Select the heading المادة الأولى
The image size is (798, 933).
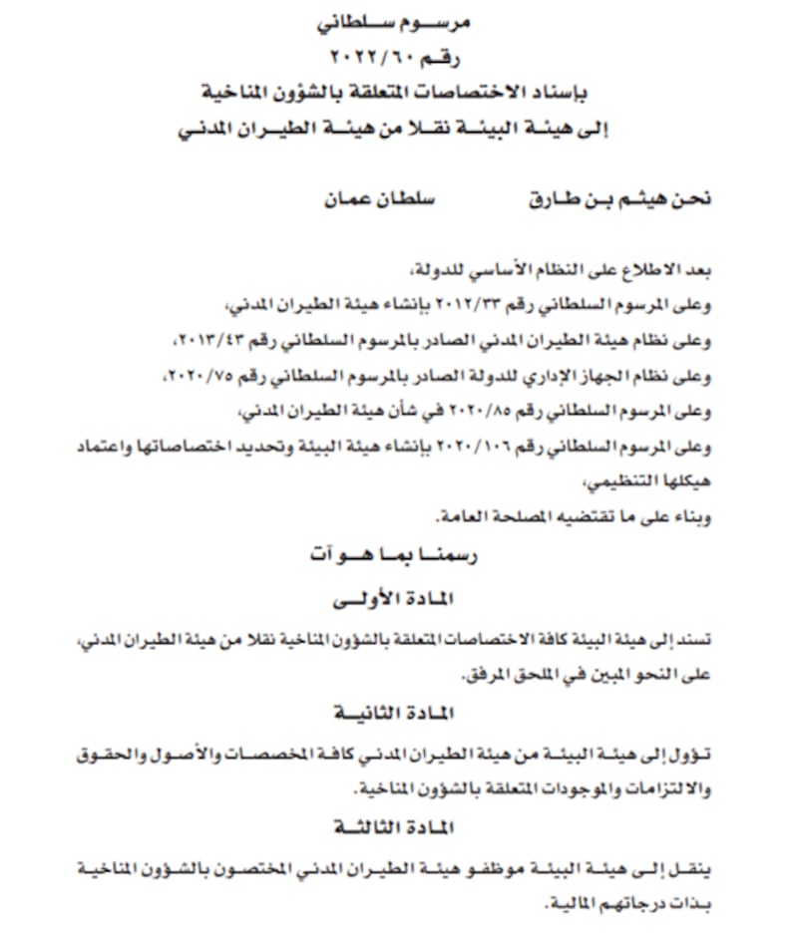[399, 601]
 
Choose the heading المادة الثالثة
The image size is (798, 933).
[399, 828]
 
